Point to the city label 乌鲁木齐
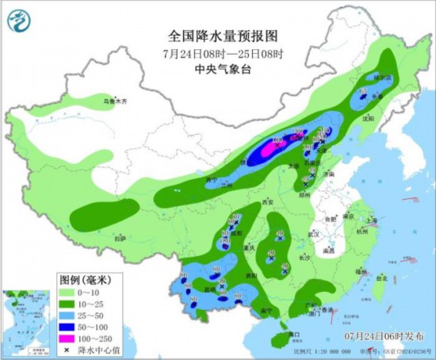pyautogui.click(x=115, y=101)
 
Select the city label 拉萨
pyautogui.click(x=120, y=237)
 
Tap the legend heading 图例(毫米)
pyautogui.click(x=83, y=279)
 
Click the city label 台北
pyautogui.click(x=381, y=278)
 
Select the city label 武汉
pyautogui.click(x=314, y=234)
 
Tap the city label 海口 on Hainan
pyautogui.click(x=293, y=334)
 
